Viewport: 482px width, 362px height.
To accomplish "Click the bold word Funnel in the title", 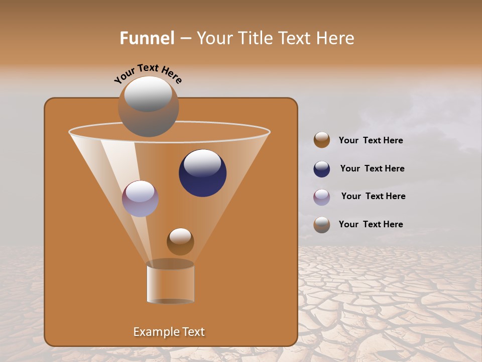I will [147, 38].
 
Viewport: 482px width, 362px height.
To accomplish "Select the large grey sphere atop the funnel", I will [149, 107].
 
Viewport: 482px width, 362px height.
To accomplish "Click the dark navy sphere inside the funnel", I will [202, 173].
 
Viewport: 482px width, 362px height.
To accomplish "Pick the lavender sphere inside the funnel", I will [140, 199].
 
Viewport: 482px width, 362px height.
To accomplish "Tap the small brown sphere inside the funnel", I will [180, 242].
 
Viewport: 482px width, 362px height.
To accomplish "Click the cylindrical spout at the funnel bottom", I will [170, 283].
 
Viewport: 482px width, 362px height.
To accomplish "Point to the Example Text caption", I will [169, 332].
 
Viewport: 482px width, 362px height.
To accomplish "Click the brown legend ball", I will [322, 140].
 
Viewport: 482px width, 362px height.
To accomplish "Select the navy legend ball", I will [322, 169].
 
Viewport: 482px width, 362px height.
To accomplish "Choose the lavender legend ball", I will [322, 197].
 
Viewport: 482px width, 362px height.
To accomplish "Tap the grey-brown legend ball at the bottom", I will [322, 225].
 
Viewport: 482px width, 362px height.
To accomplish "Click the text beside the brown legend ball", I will [371, 141].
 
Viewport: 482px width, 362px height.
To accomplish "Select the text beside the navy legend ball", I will [372, 169].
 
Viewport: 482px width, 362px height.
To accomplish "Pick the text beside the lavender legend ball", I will [373, 197].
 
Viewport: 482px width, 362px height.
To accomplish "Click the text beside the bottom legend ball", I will [371, 225].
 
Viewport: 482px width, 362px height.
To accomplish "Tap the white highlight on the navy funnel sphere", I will [202, 163].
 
